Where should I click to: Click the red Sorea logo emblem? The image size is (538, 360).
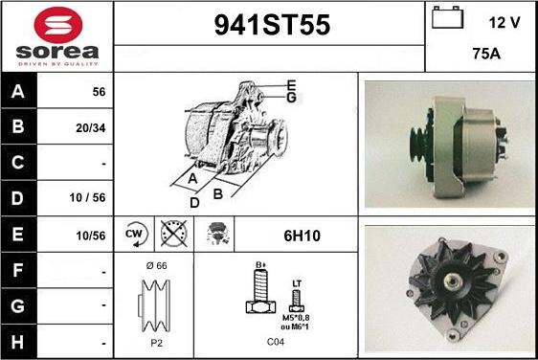[x=58, y=25]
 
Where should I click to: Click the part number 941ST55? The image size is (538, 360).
[x=272, y=25]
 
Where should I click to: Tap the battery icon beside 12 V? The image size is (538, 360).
[x=447, y=17]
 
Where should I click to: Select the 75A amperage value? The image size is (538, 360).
[x=486, y=54]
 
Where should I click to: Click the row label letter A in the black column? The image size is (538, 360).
[x=18, y=91]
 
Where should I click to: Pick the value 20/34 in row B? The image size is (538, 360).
[x=91, y=128]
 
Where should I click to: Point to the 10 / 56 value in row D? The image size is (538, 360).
[x=87, y=197]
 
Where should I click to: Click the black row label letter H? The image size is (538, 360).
[x=18, y=342]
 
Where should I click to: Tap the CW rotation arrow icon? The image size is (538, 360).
[x=135, y=234]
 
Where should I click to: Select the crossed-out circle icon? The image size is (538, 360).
[x=174, y=234]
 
